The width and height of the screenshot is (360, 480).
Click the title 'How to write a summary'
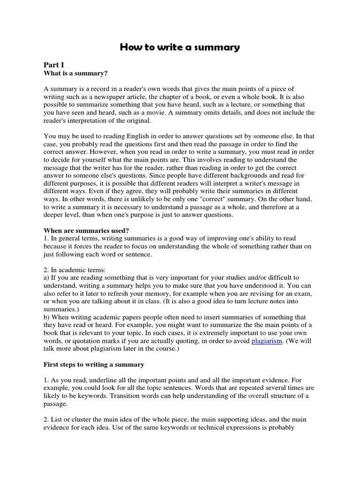[x=180, y=47]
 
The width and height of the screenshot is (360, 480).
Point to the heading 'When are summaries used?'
[x=86, y=230]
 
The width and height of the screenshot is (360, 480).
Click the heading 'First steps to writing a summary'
[x=94, y=364]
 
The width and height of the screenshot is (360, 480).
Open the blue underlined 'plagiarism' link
[x=267, y=341]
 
